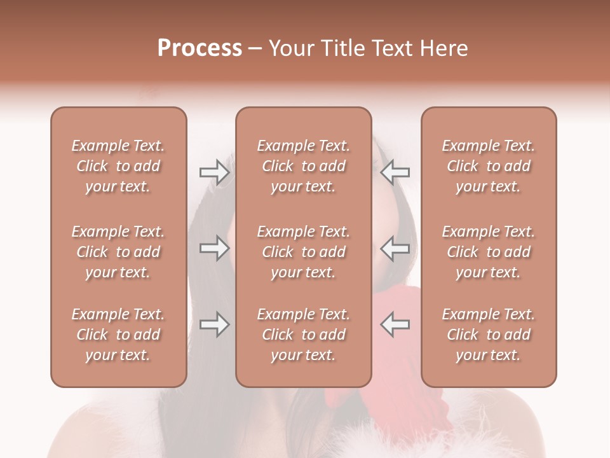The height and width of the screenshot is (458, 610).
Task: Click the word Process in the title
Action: pos(200,48)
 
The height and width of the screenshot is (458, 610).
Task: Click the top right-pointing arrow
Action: pos(214,172)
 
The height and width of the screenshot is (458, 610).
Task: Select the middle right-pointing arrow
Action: pos(214,248)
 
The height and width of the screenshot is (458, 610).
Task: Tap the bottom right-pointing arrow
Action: pos(214,324)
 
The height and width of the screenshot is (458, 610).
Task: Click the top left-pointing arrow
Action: pos(395,172)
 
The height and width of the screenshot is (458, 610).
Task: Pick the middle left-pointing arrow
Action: pos(395,248)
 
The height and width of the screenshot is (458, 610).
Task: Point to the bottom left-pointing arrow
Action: pos(395,324)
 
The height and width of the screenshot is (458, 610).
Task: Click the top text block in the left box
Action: pos(118,166)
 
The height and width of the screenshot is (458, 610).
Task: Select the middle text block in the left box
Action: pos(118,252)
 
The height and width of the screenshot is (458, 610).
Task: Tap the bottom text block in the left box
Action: pos(118,335)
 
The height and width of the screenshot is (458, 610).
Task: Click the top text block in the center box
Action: pos(303,166)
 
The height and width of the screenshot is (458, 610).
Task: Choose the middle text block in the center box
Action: pos(303,252)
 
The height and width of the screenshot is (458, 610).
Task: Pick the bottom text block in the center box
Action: pos(303,335)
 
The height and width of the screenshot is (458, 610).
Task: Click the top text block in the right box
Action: pos(489,166)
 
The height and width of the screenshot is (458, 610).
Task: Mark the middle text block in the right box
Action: pos(489,252)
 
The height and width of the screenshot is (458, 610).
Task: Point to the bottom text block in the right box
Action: pos(489,335)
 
